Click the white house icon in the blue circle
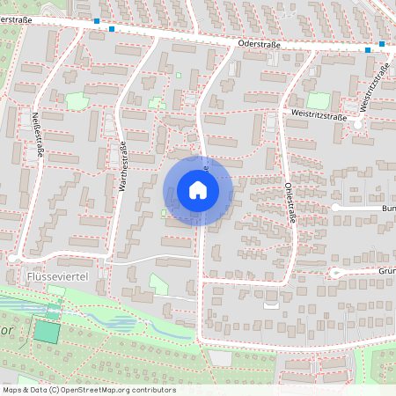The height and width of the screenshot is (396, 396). coord(197,190)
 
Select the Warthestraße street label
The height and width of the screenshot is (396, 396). coord(123,167)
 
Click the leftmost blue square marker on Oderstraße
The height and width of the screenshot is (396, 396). coord(96,20)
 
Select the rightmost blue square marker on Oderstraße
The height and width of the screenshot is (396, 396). coord(382,44)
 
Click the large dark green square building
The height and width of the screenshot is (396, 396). coord(44,332)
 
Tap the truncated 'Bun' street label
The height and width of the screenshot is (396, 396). coord(388,209)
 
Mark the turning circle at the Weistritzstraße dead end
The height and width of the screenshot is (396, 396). coord(358,125)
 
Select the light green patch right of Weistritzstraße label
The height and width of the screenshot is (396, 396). coord(317,101)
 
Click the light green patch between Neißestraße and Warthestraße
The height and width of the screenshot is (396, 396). coord(77,101)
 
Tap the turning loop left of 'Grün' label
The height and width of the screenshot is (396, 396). coord(335,273)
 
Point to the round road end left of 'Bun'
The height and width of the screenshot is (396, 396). coord(335,208)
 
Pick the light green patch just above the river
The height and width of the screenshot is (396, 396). coord(159,284)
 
